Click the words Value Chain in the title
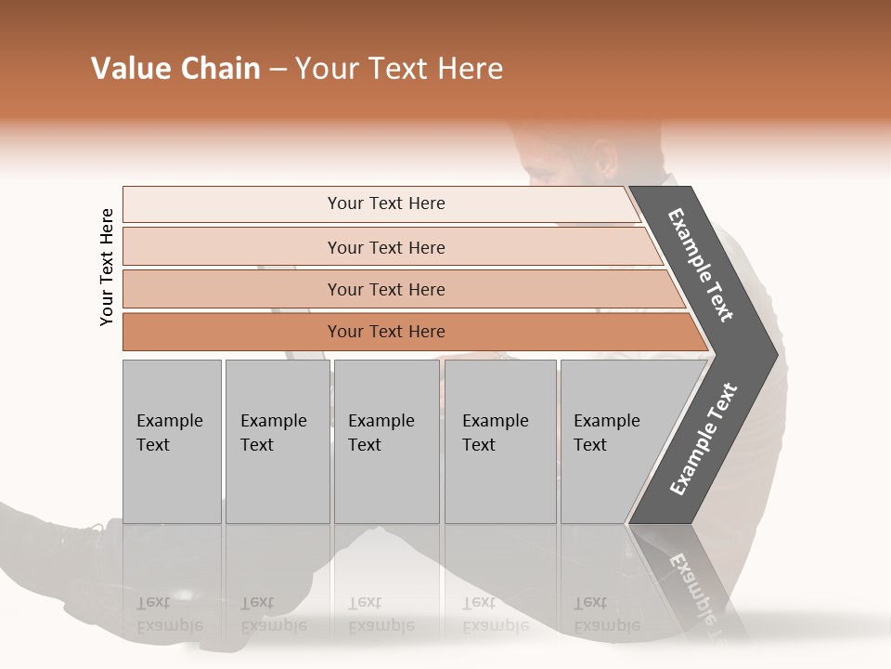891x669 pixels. pyautogui.click(x=175, y=69)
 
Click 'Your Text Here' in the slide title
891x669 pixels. pyautogui.click(x=399, y=69)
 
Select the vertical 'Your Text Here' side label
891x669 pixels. pyautogui.click(x=108, y=267)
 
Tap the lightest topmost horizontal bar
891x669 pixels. pyautogui.click(x=385, y=203)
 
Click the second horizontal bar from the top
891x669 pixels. pyautogui.click(x=385, y=247)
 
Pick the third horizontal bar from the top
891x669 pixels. pyautogui.click(x=385, y=290)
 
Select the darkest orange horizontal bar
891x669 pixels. pyautogui.click(x=385, y=332)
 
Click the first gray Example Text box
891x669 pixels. pyautogui.click(x=172, y=440)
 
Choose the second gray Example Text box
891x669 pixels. pyautogui.click(x=277, y=440)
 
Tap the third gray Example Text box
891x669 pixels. pyautogui.click(x=386, y=440)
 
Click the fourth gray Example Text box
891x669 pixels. pyautogui.click(x=499, y=440)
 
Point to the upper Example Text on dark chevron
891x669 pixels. pyautogui.click(x=701, y=265)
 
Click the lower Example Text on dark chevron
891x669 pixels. pyautogui.click(x=704, y=439)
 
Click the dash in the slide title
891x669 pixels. pyautogui.click(x=278, y=70)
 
